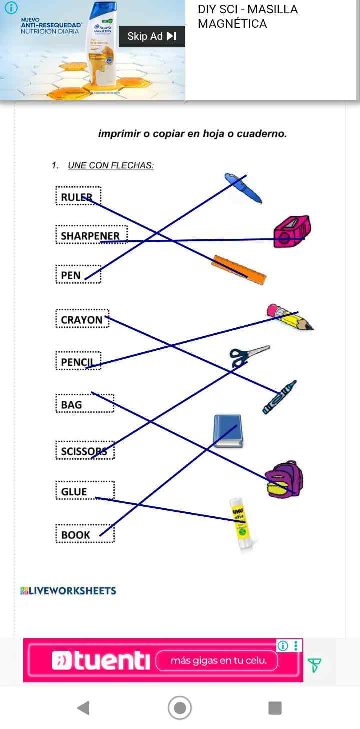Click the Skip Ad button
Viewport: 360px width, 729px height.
pos(152,36)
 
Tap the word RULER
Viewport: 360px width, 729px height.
pos(78,196)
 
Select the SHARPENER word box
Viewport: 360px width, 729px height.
pos(91,235)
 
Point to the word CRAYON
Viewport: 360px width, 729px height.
pos(82,319)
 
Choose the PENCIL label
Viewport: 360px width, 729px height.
pos(79,361)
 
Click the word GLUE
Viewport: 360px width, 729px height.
pos(75,491)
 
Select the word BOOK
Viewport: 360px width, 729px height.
pos(76,534)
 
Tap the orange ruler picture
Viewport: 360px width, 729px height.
pos(239,270)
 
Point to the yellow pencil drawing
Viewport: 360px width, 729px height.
pos(290,317)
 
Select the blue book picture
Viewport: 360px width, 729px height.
pos(228,431)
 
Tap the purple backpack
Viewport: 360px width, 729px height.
pos(284,479)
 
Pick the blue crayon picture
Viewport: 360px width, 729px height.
pos(279,397)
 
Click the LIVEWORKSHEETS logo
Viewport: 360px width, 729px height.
pos(68,590)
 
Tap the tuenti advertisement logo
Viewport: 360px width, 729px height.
pos(101,661)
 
